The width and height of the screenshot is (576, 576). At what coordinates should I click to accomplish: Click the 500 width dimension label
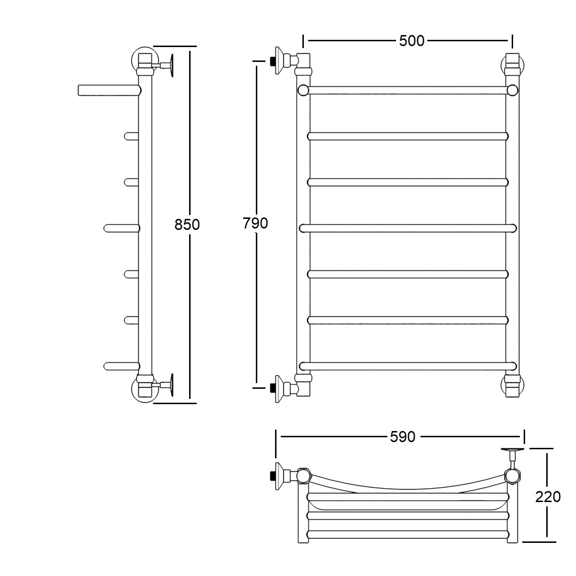click(x=411, y=41)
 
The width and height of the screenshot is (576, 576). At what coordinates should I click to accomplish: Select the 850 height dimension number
click(x=187, y=225)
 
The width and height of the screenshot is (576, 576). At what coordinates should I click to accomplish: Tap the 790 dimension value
click(x=255, y=223)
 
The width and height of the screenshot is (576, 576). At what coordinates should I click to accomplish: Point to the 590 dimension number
click(x=403, y=437)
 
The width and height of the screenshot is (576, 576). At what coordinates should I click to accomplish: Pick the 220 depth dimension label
click(x=548, y=497)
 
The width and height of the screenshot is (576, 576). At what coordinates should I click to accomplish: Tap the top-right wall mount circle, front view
click(x=513, y=65)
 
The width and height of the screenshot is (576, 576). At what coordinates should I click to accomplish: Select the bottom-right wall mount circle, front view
click(x=513, y=385)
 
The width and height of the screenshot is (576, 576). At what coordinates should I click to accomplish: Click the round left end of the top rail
click(x=303, y=90)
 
